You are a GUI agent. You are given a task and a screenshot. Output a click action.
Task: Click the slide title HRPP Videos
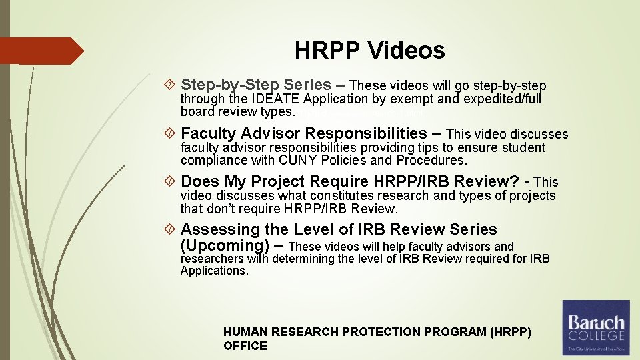(369, 51)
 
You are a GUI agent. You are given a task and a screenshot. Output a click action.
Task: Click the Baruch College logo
(595, 327)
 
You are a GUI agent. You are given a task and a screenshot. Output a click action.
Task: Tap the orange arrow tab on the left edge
(41, 51)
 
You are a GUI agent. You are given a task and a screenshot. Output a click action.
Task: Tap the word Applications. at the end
(214, 270)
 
